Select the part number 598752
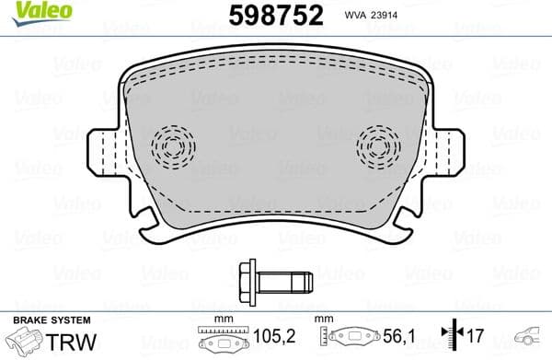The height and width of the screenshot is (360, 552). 264,17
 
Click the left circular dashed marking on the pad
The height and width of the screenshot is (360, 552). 174,145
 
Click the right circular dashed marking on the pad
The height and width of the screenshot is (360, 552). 379,145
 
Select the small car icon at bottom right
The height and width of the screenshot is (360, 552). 531,338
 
